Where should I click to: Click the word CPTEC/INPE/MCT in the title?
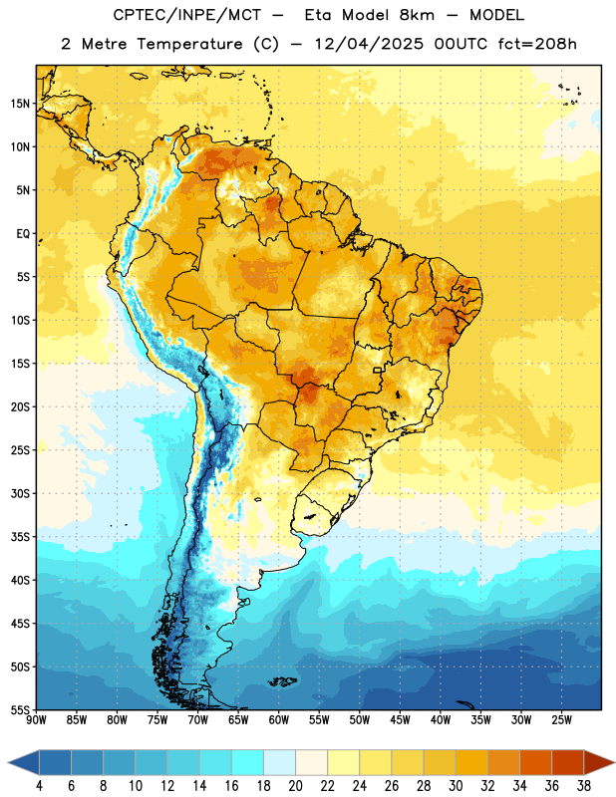[x=186, y=16]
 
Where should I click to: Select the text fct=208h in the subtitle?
[x=537, y=44]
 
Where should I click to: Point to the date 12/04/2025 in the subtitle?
[x=369, y=44]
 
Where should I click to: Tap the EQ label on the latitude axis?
[x=23, y=234]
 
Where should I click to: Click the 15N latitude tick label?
[x=20, y=104]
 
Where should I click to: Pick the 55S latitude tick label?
[x=20, y=709]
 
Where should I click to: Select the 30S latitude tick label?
[x=20, y=493]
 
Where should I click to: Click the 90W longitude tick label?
[x=37, y=719]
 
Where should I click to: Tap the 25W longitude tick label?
[x=561, y=719]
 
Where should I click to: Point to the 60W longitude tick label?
[x=279, y=719]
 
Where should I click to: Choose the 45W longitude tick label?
[x=401, y=719]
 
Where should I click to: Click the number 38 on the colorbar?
[x=584, y=786]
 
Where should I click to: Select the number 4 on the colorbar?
[x=39, y=786]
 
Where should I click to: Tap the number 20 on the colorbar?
[x=295, y=786]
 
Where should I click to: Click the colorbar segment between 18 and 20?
[x=280, y=763]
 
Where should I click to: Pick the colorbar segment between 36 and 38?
[x=568, y=763]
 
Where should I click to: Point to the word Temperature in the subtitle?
[x=189, y=44]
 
